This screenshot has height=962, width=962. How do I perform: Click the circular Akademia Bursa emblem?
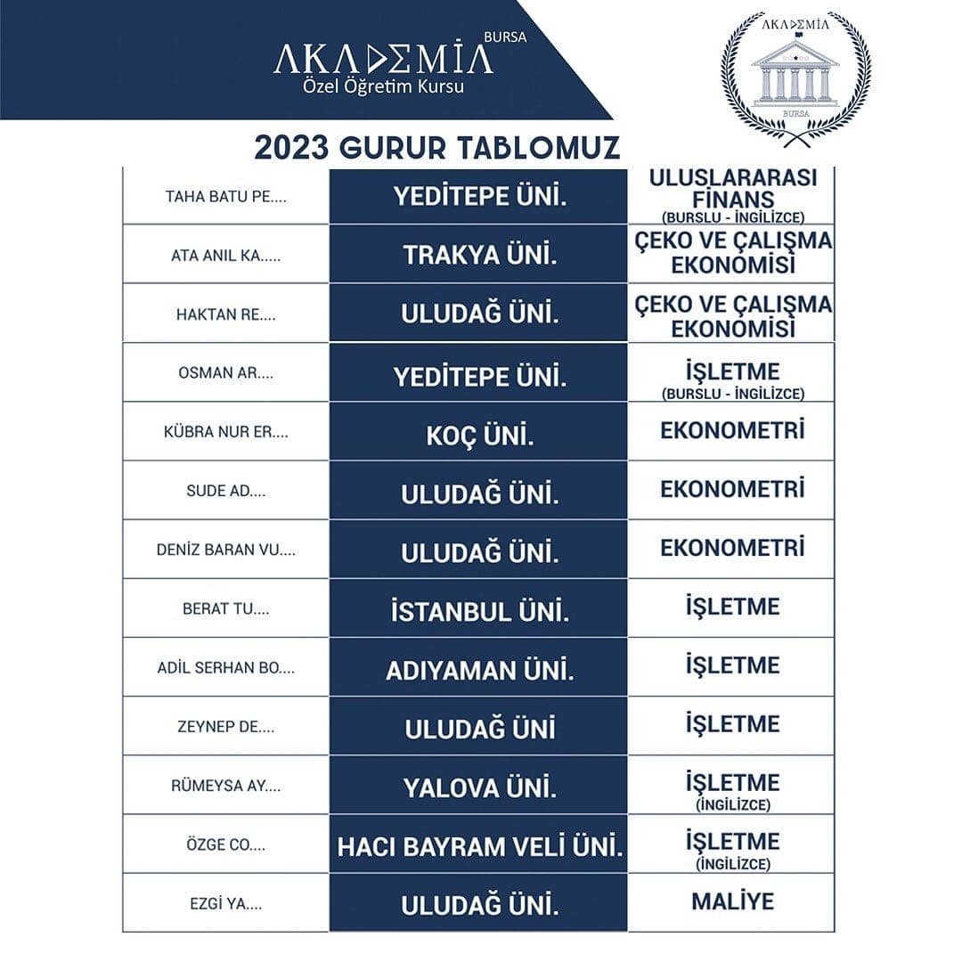(795, 73)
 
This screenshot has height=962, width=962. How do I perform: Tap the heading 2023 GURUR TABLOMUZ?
(437, 147)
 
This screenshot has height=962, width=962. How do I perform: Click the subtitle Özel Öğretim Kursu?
(384, 87)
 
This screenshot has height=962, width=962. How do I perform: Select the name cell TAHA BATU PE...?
(225, 196)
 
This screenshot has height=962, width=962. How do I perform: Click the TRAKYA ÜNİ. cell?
(479, 255)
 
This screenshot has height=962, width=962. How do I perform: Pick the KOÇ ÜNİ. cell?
(479, 436)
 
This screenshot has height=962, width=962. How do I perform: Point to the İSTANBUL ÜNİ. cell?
(479, 612)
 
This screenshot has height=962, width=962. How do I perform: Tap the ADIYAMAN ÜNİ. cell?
(479, 671)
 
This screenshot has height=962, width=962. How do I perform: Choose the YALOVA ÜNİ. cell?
(479, 787)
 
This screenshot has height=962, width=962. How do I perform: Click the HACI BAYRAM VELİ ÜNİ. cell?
(479, 846)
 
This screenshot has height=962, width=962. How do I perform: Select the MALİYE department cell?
(732, 901)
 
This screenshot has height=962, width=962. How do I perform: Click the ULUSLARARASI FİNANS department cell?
(732, 194)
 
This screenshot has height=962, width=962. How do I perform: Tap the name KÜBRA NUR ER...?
(225, 432)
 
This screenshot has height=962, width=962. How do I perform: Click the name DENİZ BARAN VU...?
(225, 550)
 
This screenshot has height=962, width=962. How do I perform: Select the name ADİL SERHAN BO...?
(225, 667)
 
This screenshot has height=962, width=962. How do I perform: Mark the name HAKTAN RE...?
(225, 314)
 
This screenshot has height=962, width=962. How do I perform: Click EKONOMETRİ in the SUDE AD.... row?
(732, 489)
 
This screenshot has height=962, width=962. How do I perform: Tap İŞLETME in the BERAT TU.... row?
(732, 607)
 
